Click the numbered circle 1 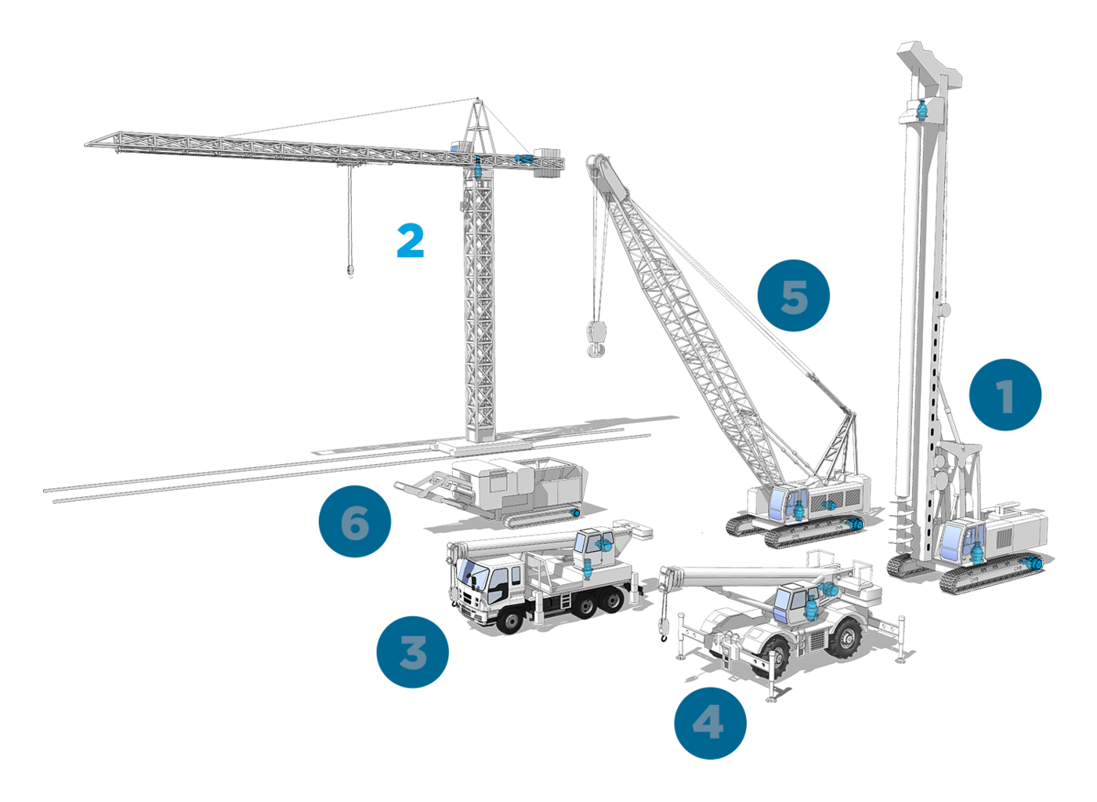1005,395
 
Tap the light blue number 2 410,240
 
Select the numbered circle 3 412,652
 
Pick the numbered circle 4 710,723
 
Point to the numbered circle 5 793,296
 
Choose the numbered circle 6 354,521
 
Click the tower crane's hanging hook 349,270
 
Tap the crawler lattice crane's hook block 596,338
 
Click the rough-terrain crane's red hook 664,637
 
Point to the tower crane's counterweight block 549,162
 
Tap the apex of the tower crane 478,100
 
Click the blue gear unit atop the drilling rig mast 921,111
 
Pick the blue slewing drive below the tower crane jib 479,168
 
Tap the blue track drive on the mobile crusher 575,513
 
